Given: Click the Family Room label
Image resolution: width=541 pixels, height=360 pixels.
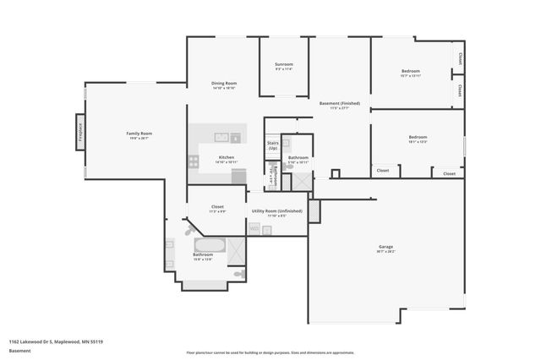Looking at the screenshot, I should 138,134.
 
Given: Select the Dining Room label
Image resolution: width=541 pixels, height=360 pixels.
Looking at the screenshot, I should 224,83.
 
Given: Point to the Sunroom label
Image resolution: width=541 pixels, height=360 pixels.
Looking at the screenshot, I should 283,65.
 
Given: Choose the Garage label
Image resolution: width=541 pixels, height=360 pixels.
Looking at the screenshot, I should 385,246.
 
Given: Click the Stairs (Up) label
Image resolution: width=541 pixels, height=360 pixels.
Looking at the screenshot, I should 272,145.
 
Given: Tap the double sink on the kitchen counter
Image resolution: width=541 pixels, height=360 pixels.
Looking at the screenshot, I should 221,137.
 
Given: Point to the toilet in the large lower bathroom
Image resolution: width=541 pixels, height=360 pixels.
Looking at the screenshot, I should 239,274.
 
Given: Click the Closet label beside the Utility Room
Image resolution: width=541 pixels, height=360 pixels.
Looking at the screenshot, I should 217,206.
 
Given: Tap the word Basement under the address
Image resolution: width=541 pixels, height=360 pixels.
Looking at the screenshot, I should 19,350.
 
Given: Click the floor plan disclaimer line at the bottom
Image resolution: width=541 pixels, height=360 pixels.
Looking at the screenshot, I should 270,352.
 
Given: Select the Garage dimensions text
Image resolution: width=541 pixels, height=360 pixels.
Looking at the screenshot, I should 385,251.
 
